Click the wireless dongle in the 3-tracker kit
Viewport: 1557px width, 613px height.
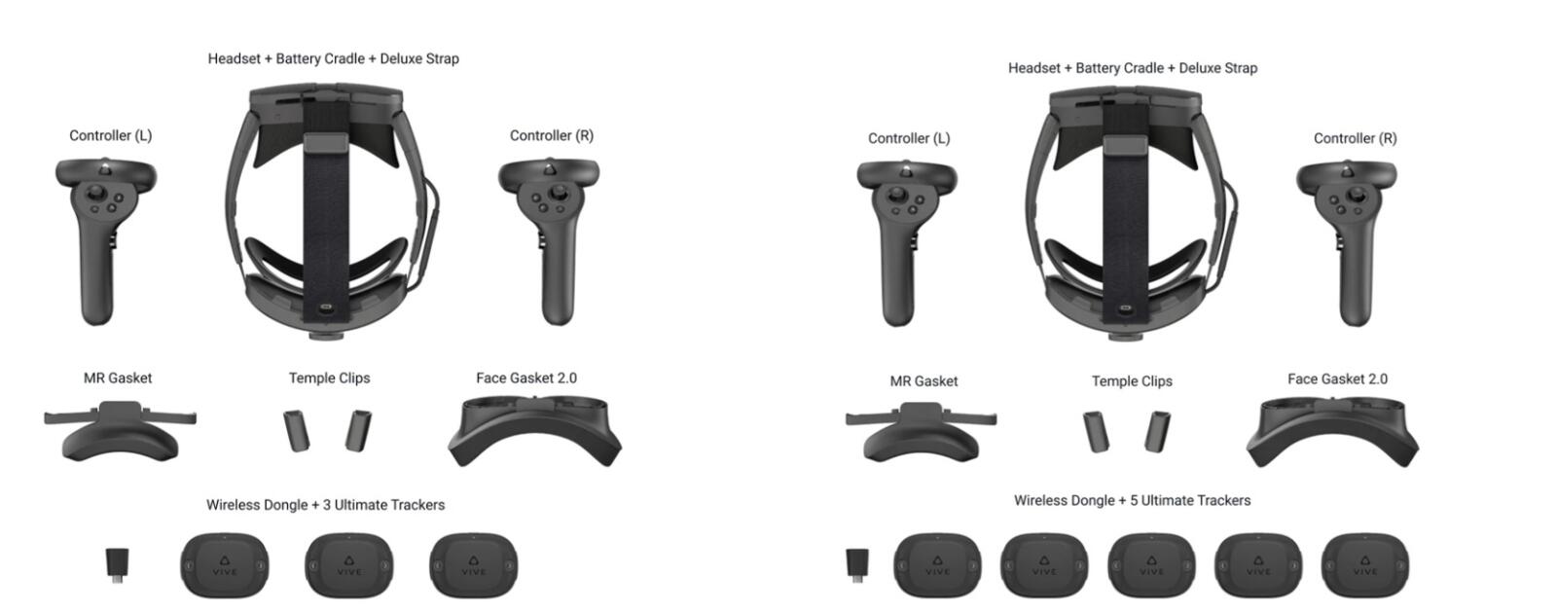117,564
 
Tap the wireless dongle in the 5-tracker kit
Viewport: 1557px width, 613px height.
857,565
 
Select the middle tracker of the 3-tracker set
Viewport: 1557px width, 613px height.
349,565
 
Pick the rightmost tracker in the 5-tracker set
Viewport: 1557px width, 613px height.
1365,565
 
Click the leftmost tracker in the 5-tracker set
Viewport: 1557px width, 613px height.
938,565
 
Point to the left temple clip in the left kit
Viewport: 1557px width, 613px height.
297,431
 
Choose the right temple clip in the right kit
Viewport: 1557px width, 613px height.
1157,432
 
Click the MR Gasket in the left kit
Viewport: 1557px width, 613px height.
120,432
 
